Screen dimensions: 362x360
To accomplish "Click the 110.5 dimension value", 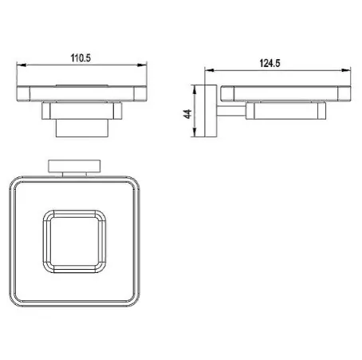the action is [81, 58].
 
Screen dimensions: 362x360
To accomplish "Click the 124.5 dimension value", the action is [270, 63].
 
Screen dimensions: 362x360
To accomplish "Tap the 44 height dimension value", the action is [187, 114].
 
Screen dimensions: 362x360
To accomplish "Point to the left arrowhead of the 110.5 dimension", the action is [22, 65].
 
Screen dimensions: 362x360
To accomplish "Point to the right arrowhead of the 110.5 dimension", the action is [142, 65].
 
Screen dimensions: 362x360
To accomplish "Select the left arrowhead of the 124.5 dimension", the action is [209, 70].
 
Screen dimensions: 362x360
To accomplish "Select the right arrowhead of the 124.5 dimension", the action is [346, 70].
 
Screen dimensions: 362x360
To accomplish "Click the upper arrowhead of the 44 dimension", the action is [195, 89].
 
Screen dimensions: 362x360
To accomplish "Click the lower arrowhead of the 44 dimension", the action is [195, 133].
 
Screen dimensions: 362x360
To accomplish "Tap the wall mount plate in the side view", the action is [211, 111].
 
